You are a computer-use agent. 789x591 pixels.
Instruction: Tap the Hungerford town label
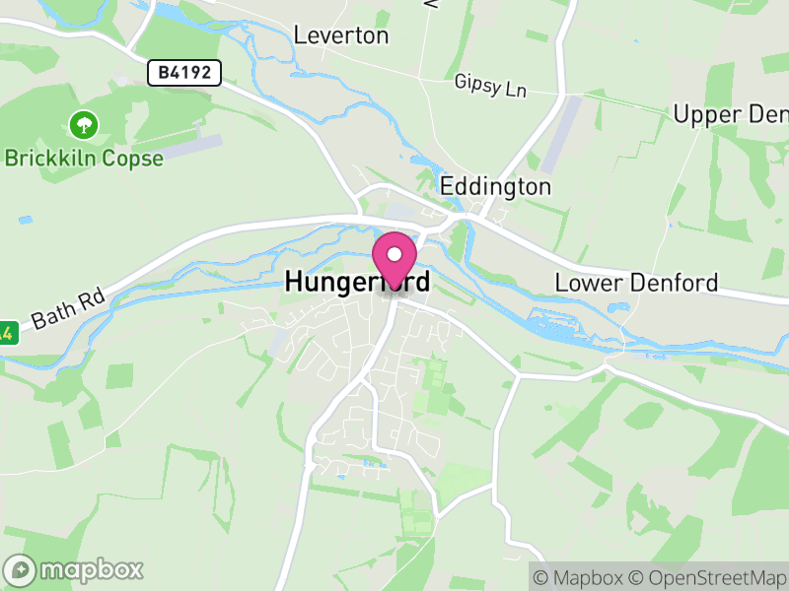coord(357,282)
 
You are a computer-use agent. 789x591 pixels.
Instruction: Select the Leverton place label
coord(341,35)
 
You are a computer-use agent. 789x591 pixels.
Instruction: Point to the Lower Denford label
coord(636,283)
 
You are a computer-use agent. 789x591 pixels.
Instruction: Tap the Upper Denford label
coord(730,114)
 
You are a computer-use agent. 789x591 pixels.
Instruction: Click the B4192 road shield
coord(184,72)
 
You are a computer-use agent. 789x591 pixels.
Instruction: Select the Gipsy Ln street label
coord(491,86)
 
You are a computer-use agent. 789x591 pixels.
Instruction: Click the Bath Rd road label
coord(67,308)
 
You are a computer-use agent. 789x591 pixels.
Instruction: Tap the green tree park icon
coord(83,125)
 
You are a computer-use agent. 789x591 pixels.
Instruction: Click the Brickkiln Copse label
coord(84,158)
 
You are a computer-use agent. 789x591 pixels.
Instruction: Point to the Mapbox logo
coord(74,569)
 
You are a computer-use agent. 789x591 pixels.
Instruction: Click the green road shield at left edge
coord(6,332)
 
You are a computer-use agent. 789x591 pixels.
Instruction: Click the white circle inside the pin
coord(394,254)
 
